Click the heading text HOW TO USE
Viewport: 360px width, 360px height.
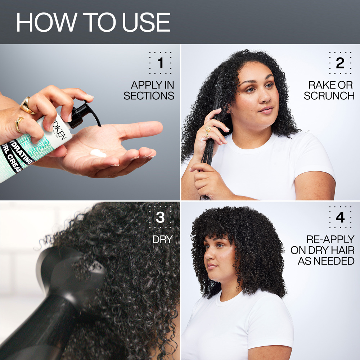(x=93, y=22)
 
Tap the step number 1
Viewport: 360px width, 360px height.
(x=160, y=63)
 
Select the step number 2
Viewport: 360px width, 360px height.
(x=340, y=63)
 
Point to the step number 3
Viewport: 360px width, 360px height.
(x=160, y=218)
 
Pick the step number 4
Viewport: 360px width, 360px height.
(x=340, y=218)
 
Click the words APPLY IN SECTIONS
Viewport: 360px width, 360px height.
(x=149, y=90)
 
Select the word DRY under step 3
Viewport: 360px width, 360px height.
(x=163, y=239)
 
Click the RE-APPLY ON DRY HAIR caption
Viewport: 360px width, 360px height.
(x=326, y=250)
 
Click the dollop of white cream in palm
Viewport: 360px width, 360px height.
(x=98, y=153)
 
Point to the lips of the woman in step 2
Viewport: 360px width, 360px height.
(x=266, y=109)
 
